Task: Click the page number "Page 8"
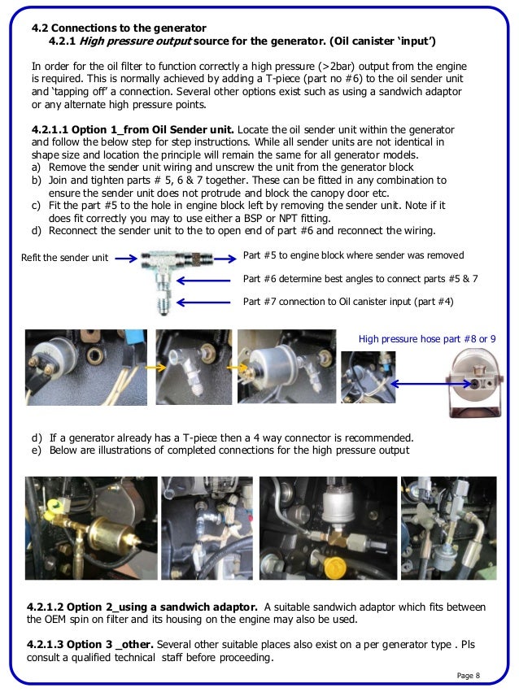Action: pyautogui.click(x=468, y=676)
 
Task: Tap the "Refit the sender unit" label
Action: pyautogui.click(x=64, y=259)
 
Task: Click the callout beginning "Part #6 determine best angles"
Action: pyautogui.click(x=360, y=278)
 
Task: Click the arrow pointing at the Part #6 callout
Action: pyautogui.click(x=207, y=279)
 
